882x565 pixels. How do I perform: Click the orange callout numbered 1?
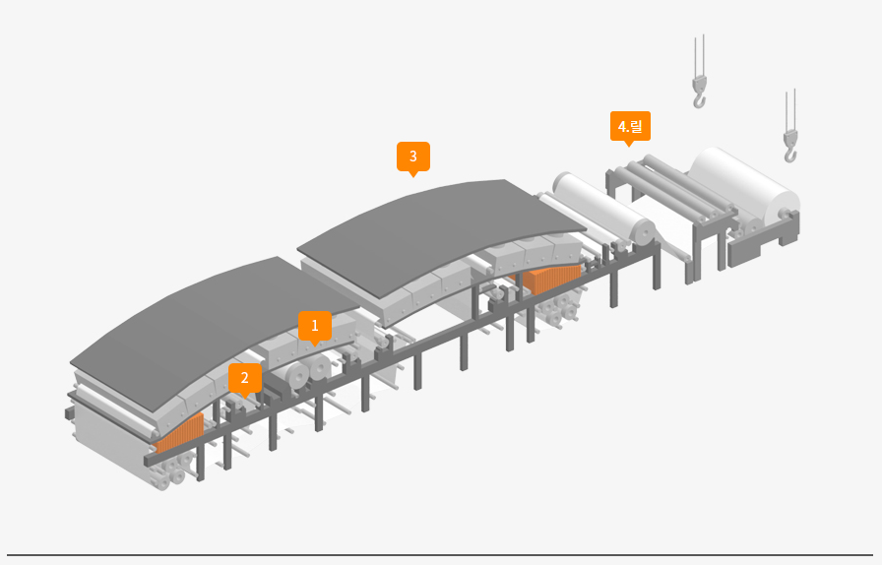(x=315, y=325)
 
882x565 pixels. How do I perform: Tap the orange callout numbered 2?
(x=245, y=377)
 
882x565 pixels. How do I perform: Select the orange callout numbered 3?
(x=413, y=157)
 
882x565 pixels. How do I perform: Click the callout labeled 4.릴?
(x=629, y=127)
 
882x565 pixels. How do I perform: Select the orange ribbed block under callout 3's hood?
(x=552, y=279)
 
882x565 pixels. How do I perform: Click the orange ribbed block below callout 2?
(x=179, y=433)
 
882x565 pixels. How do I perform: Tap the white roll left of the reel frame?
(x=600, y=209)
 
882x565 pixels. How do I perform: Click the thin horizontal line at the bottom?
(x=440, y=555)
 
